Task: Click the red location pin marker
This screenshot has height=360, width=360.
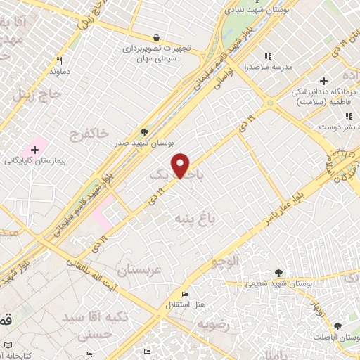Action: pyautogui.click(x=181, y=165)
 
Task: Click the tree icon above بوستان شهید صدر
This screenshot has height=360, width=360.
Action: pyautogui.click(x=145, y=131)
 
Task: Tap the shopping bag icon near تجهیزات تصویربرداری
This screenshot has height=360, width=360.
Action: pyautogui.click(x=156, y=38)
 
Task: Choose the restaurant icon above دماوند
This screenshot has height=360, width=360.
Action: pyautogui.click(x=59, y=60)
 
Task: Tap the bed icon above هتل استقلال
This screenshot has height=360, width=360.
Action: pyautogui.click(x=185, y=293)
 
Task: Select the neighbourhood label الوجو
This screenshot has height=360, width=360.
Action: pyautogui.click(x=224, y=262)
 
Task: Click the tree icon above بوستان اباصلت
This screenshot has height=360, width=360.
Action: pyautogui.click(x=338, y=326)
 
